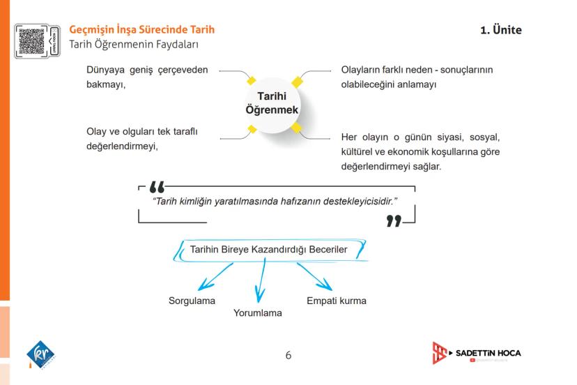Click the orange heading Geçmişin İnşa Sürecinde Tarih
coord(142,30)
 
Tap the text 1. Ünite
coord(500,30)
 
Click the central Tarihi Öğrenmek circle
coord(272,103)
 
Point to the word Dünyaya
coord(107,70)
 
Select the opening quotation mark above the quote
coord(158,188)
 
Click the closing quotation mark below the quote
coord(394,221)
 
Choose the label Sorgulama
coord(192,301)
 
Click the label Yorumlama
coord(258,313)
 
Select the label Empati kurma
coord(337,301)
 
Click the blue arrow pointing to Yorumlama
coord(261,283)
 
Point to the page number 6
coord(288,356)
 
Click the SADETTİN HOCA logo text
coord(488,353)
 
